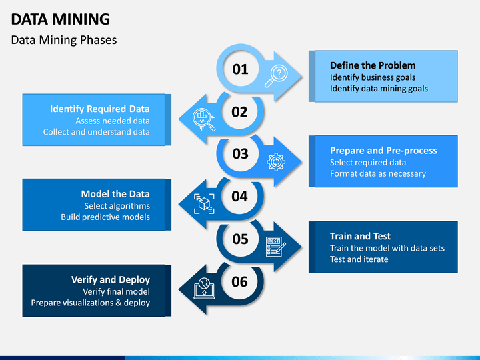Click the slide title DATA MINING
[x=60, y=19]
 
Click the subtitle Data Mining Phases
[x=64, y=40]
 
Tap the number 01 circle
[x=240, y=69]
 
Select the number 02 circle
[x=239, y=111]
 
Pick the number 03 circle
[x=240, y=153]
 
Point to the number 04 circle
[x=239, y=196]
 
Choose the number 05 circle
[x=240, y=239]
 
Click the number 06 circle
[x=239, y=281]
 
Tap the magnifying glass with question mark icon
[x=276, y=76]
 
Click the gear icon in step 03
[x=276, y=161]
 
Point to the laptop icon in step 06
[x=204, y=289]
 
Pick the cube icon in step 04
[x=204, y=203]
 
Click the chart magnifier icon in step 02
[x=203, y=119]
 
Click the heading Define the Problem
[x=373, y=65]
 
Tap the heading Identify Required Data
[x=100, y=109]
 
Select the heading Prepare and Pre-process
[x=383, y=150]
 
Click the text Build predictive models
[x=105, y=217]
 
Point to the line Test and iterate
[x=359, y=259]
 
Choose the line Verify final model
[x=116, y=291]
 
